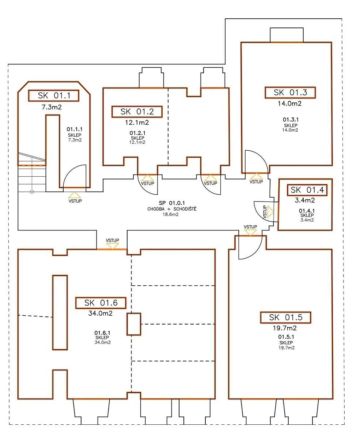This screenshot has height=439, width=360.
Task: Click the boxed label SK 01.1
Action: tap(53, 95)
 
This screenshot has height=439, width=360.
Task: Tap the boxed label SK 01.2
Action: tap(137, 112)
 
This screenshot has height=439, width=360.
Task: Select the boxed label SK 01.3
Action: tap(290, 93)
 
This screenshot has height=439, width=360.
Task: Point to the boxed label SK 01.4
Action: tap(307, 190)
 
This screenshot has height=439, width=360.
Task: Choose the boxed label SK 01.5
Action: tap(285, 318)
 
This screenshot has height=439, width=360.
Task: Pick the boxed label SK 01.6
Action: tap(101, 303)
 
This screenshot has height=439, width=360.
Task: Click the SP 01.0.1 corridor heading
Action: tap(171, 203)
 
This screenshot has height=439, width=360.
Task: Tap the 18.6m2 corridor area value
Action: tap(171, 214)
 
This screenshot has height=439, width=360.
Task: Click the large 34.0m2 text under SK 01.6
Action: tap(100, 313)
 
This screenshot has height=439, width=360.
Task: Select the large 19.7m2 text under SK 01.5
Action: tap(285, 328)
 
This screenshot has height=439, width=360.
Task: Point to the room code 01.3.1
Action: tap(291, 120)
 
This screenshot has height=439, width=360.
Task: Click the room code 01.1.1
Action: tap(75, 129)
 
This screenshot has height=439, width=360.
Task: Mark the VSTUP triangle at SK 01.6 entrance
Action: tap(113, 246)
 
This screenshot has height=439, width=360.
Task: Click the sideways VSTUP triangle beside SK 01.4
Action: tap(270, 212)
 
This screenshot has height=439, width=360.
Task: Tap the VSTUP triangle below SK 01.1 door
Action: tap(75, 195)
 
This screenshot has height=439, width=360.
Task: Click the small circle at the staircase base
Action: tap(32, 192)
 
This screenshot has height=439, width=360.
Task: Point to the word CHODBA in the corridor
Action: tap(156, 209)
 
